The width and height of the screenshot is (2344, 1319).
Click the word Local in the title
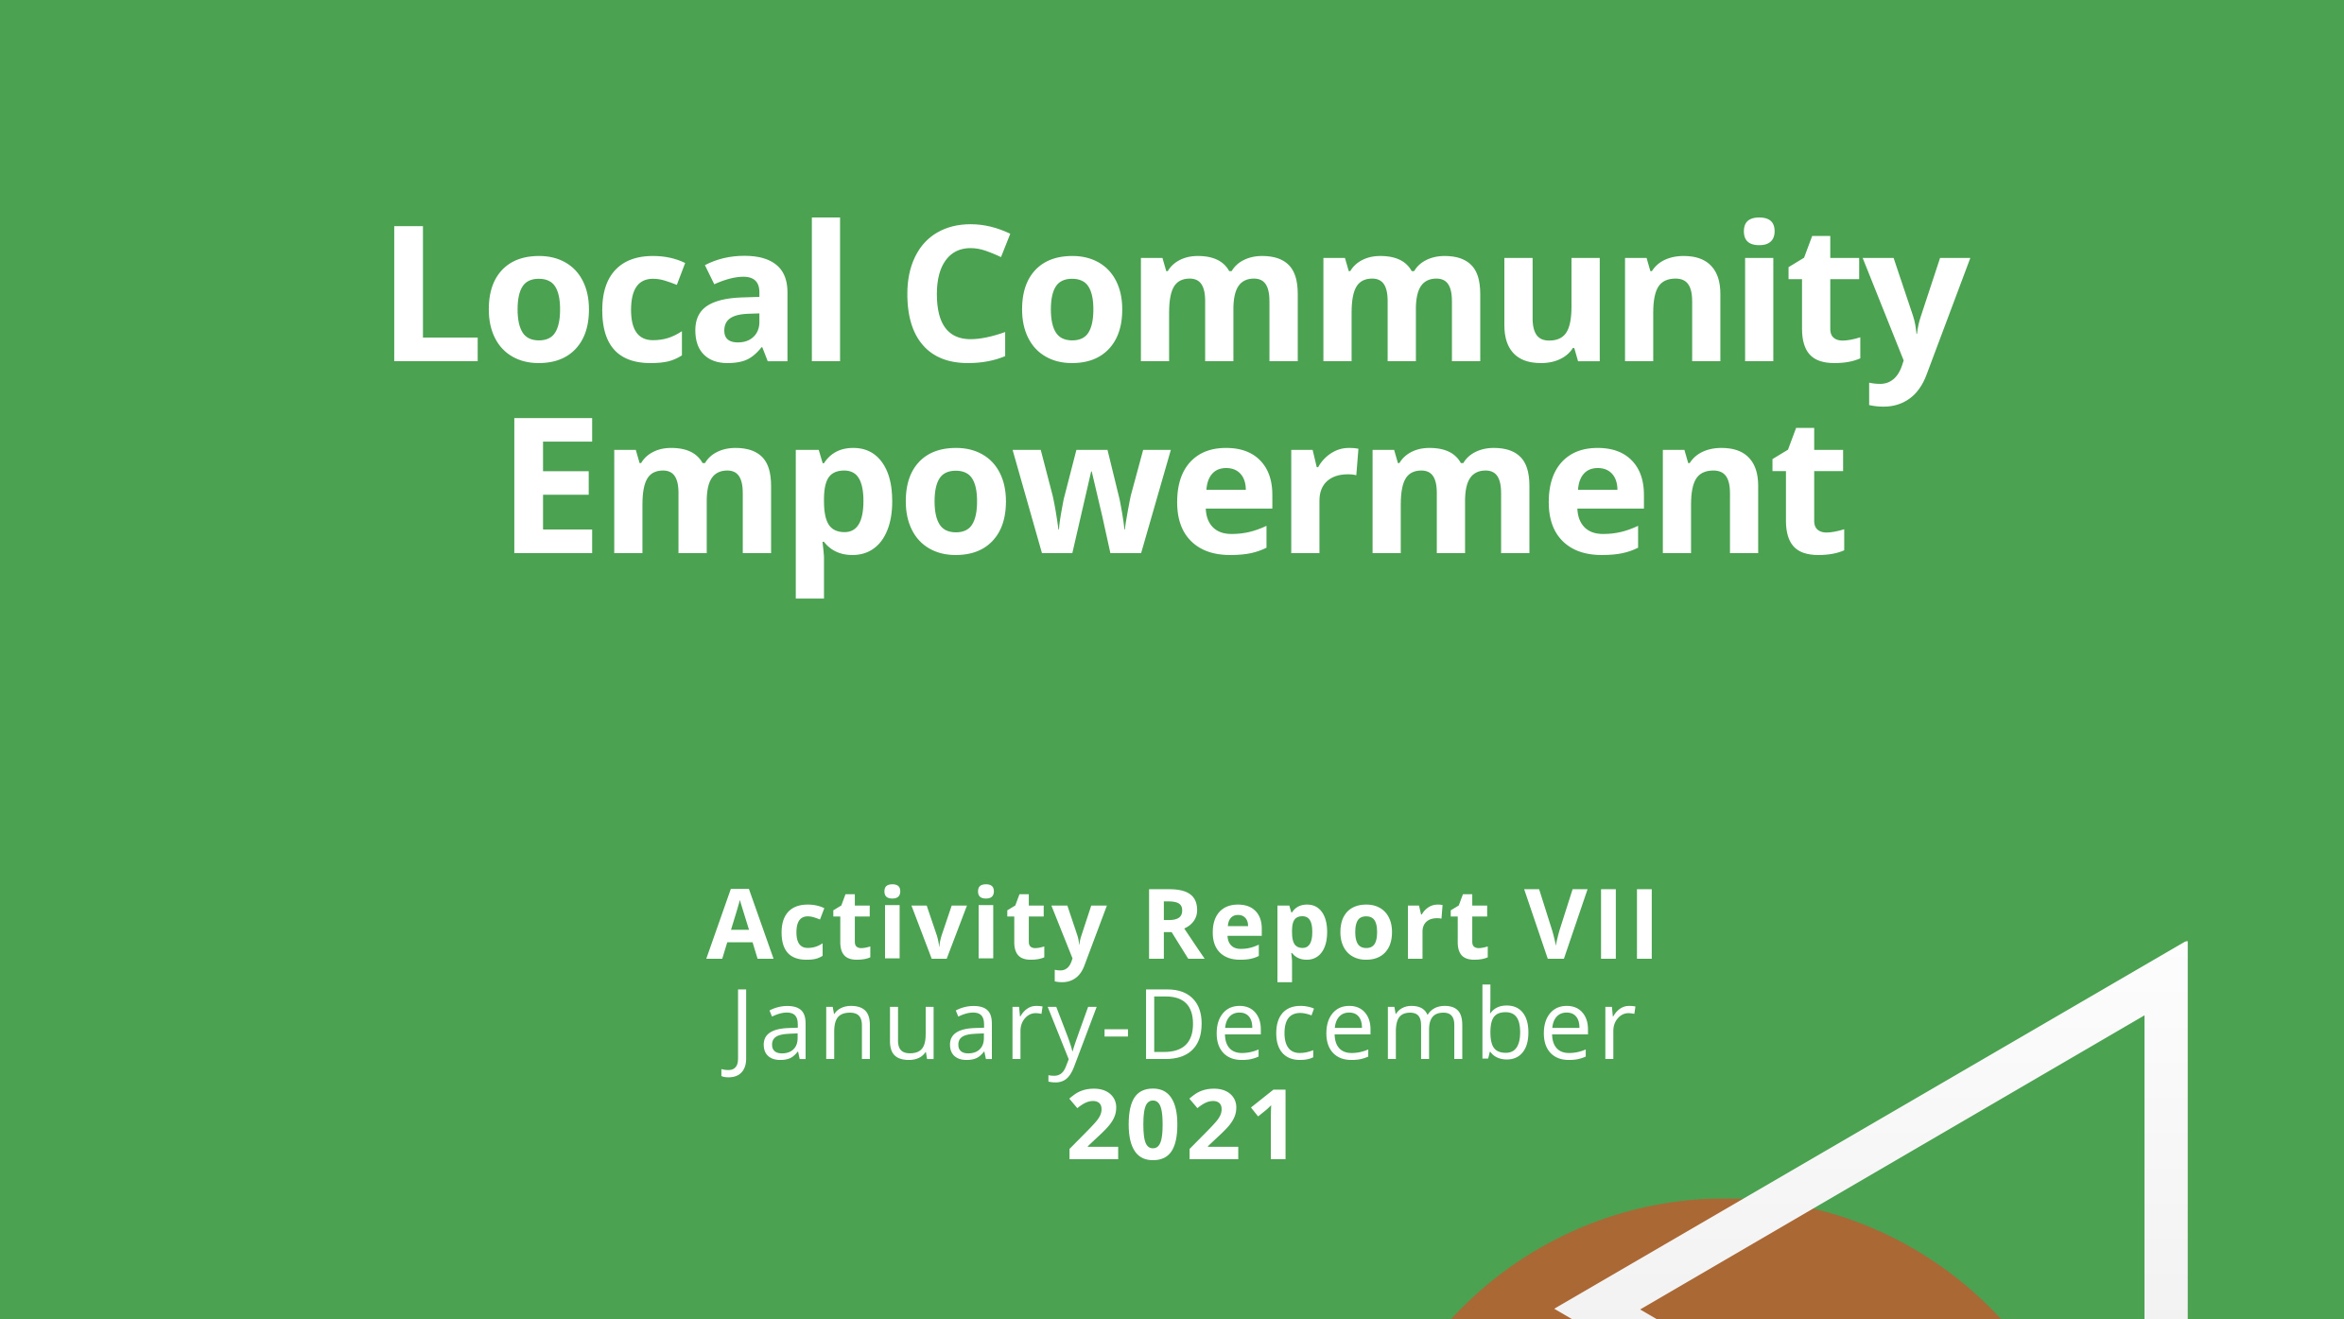pyautogui.click(x=616, y=290)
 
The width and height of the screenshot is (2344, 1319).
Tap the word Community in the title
pyautogui.click(x=1438, y=311)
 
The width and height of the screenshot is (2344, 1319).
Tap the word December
pyautogui.click(x=1388, y=1023)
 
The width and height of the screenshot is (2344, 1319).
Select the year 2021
pyautogui.click(x=1180, y=1125)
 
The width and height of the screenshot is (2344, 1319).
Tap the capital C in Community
pyautogui.click(x=958, y=293)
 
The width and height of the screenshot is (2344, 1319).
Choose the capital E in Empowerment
pyautogui.click(x=552, y=486)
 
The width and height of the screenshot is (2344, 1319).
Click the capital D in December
pyautogui.click(x=1172, y=1024)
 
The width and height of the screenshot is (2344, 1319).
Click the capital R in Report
pyautogui.click(x=1174, y=925)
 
